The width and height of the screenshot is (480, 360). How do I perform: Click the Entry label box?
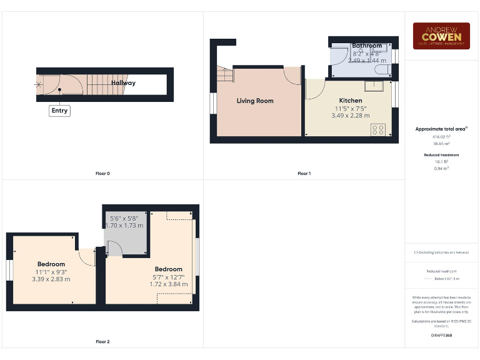[59, 111]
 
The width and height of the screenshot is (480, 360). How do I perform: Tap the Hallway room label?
[123, 82]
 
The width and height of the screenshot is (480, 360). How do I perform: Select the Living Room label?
[255, 101]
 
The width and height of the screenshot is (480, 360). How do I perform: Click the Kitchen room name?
[350, 101]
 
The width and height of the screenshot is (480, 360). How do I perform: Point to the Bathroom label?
[366, 46]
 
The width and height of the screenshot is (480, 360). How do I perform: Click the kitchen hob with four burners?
[378, 129]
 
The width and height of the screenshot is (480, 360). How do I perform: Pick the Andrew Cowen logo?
[441, 36]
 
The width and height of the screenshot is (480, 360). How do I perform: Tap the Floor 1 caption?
[304, 173]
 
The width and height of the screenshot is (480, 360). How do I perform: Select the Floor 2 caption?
[102, 342]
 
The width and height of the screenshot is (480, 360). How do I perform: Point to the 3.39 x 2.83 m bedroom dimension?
[51, 279]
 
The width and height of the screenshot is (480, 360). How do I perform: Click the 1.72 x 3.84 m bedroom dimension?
[168, 284]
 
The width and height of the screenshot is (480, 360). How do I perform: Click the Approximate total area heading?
[441, 129]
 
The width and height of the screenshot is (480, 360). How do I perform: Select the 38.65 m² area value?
[441, 143]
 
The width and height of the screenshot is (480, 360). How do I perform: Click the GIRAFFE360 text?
[441, 336]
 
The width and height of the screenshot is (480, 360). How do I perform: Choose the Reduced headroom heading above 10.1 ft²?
[441, 154]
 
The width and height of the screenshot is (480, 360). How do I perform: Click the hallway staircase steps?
[99, 83]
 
